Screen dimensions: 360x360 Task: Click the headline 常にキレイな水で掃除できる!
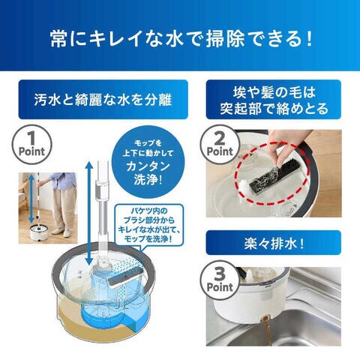pyautogui.click(x=181, y=39)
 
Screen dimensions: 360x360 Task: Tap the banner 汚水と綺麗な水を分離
pyautogui.click(x=103, y=99)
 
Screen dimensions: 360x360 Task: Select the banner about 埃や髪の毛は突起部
pyautogui.click(x=274, y=99)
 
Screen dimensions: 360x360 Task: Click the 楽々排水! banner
pyautogui.click(x=274, y=243)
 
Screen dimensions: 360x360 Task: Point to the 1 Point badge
pyautogui.click(x=31, y=145)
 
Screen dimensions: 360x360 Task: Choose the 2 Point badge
pyautogui.click(x=220, y=145)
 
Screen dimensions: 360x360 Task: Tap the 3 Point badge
pyautogui.click(x=220, y=280)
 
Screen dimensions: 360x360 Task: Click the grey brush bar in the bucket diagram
pyautogui.click(x=126, y=276)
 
